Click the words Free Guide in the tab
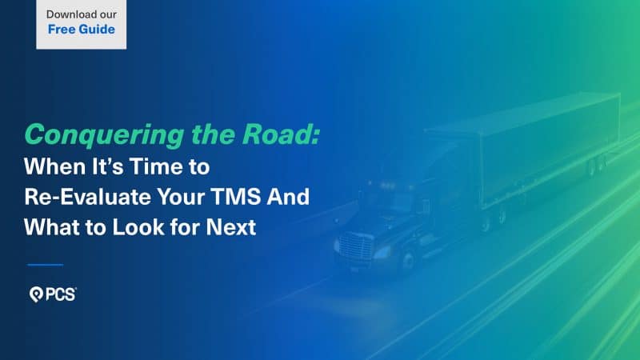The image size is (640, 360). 81,30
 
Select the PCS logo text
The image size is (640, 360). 59,295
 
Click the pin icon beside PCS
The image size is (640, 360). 34,295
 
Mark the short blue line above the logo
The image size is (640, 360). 45,264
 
